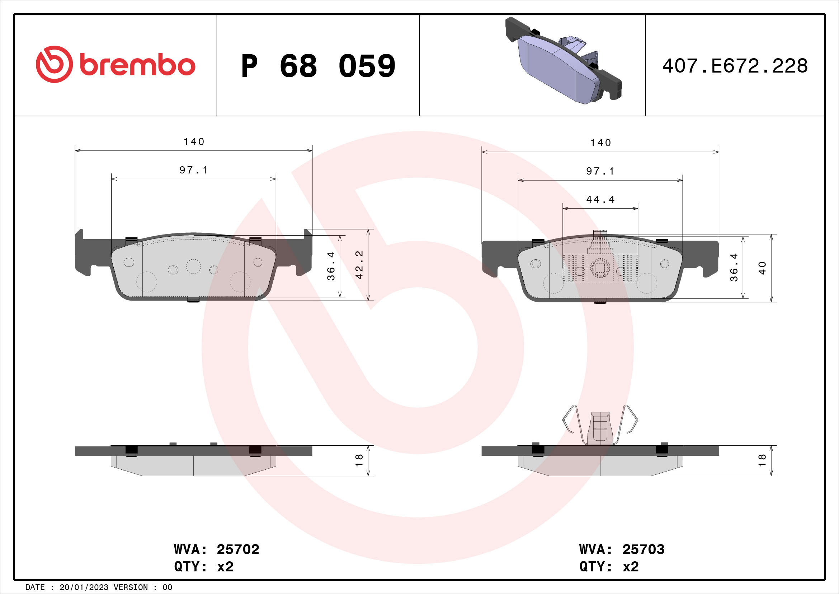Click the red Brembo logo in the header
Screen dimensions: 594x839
[116, 65]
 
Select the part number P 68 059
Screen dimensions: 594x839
[318, 66]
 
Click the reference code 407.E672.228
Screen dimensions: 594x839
[735, 66]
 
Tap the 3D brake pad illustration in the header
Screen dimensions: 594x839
[563, 60]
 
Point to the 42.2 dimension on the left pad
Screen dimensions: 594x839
[359, 265]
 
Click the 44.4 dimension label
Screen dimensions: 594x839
[600, 200]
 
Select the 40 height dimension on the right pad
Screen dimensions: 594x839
[762, 268]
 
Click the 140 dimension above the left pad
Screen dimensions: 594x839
[194, 142]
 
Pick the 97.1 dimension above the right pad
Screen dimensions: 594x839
[600, 171]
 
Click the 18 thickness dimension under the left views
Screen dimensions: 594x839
[359, 460]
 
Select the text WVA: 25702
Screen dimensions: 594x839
[216, 549]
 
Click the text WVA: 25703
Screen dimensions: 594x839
[622, 549]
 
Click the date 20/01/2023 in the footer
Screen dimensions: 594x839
[84, 588]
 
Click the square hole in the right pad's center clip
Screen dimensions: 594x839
[600, 268]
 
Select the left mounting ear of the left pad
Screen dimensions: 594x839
[83, 252]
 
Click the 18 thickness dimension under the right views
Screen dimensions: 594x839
[762, 460]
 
